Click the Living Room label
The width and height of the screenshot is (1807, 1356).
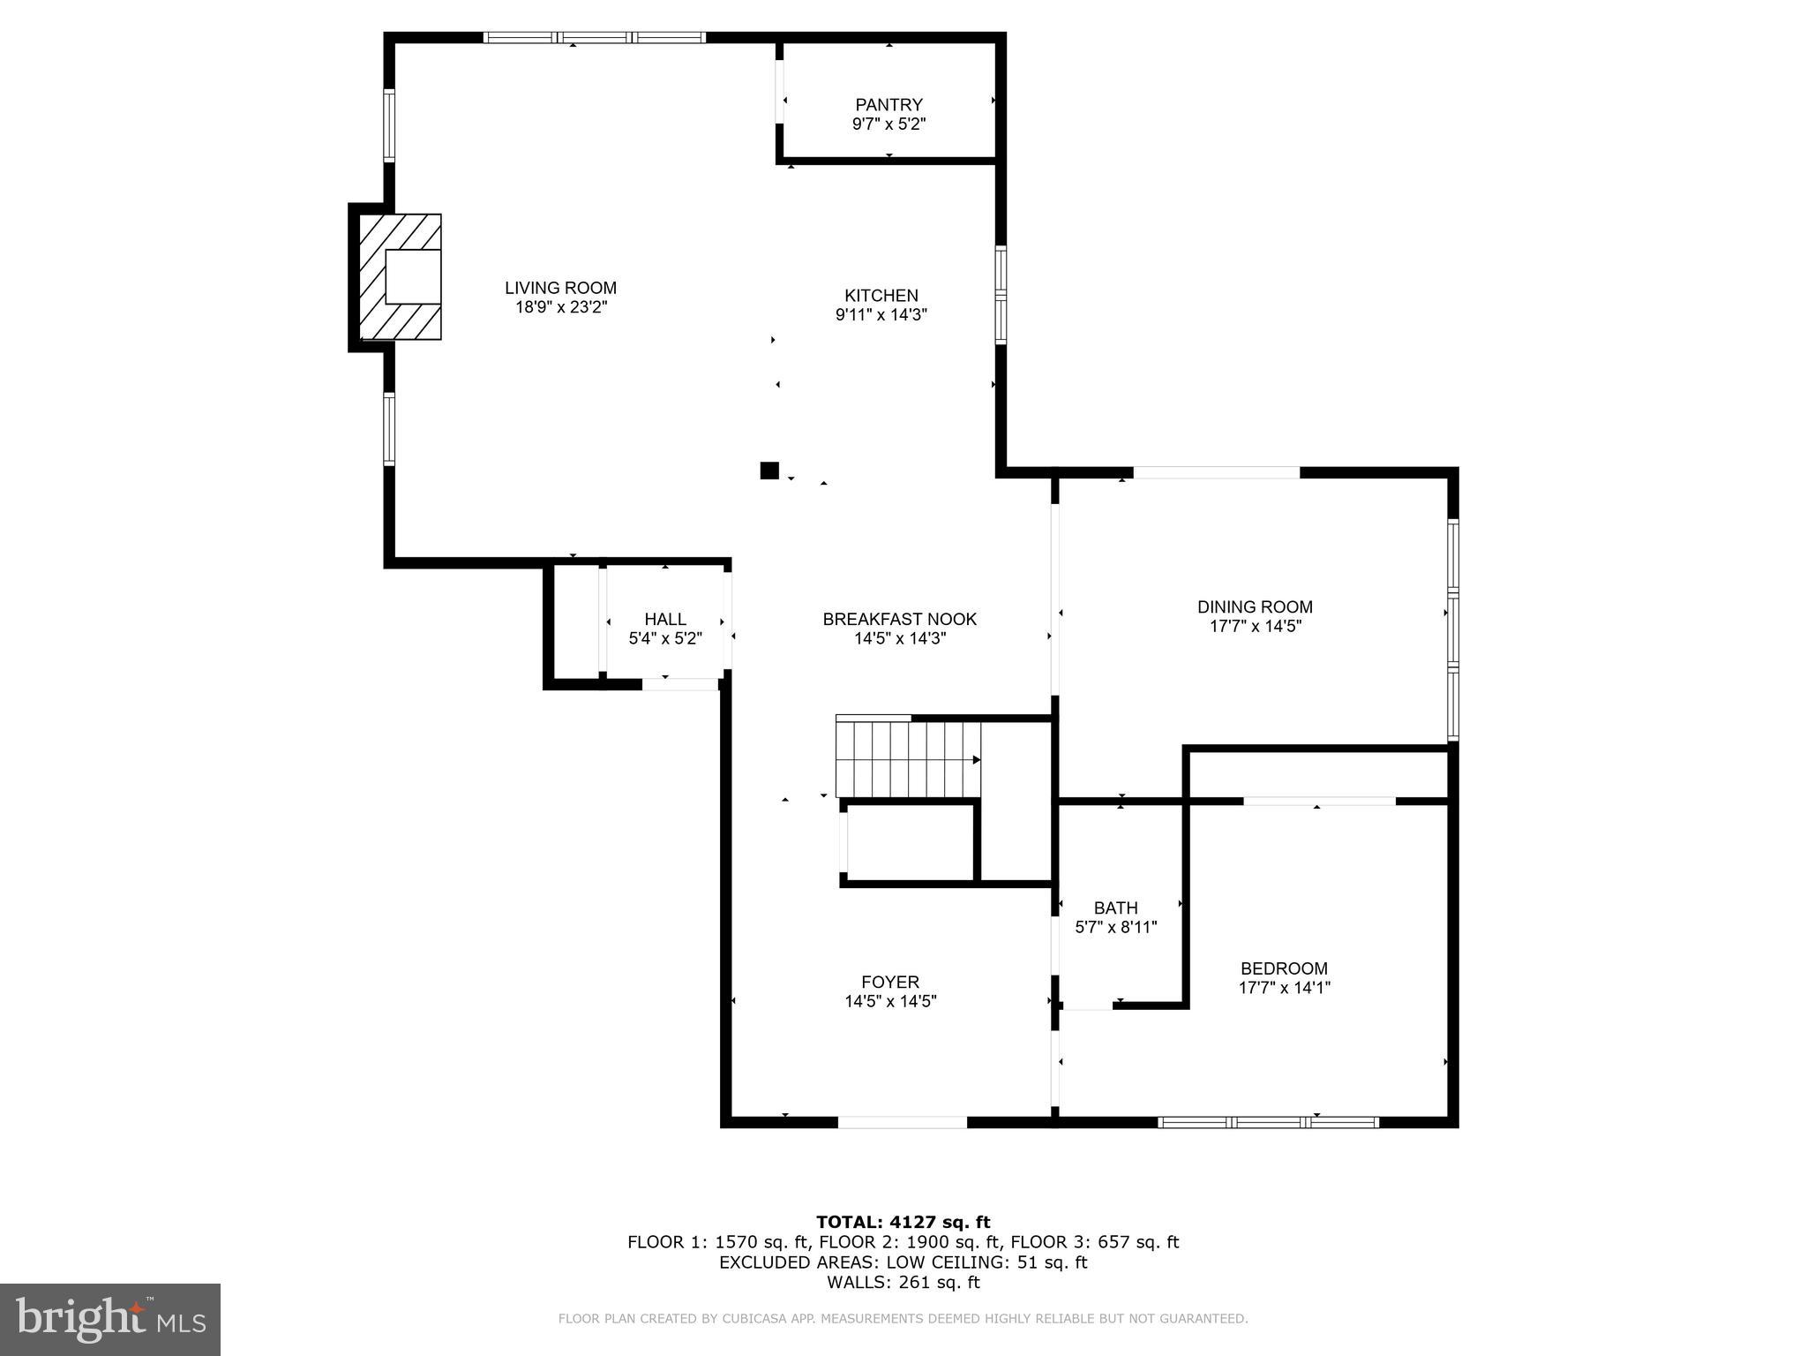[560, 288]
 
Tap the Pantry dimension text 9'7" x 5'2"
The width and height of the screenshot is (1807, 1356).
[889, 124]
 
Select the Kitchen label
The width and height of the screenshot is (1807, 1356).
[881, 296]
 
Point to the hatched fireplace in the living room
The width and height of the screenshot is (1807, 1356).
[400, 277]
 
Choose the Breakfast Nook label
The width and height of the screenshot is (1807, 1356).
[899, 620]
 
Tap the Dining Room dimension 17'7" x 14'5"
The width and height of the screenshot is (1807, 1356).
[1255, 627]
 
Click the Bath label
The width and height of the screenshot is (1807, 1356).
[1115, 908]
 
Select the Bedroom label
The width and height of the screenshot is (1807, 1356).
[1283, 968]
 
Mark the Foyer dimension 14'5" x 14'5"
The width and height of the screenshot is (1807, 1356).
[889, 1002]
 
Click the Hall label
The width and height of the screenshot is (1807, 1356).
[664, 620]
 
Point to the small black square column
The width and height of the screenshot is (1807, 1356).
[769, 471]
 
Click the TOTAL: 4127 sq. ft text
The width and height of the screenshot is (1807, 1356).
[903, 1222]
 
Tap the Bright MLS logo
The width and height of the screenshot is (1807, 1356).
[110, 1319]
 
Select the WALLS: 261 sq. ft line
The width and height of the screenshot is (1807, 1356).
[903, 1283]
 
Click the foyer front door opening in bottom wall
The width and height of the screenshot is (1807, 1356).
[902, 1122]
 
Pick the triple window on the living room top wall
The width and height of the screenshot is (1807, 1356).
[594, 38]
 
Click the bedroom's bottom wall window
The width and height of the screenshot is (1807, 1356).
[1267, 1122]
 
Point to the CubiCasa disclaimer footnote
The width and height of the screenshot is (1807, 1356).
[903, 1319]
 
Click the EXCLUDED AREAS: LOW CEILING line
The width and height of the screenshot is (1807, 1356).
[903, 1262]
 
